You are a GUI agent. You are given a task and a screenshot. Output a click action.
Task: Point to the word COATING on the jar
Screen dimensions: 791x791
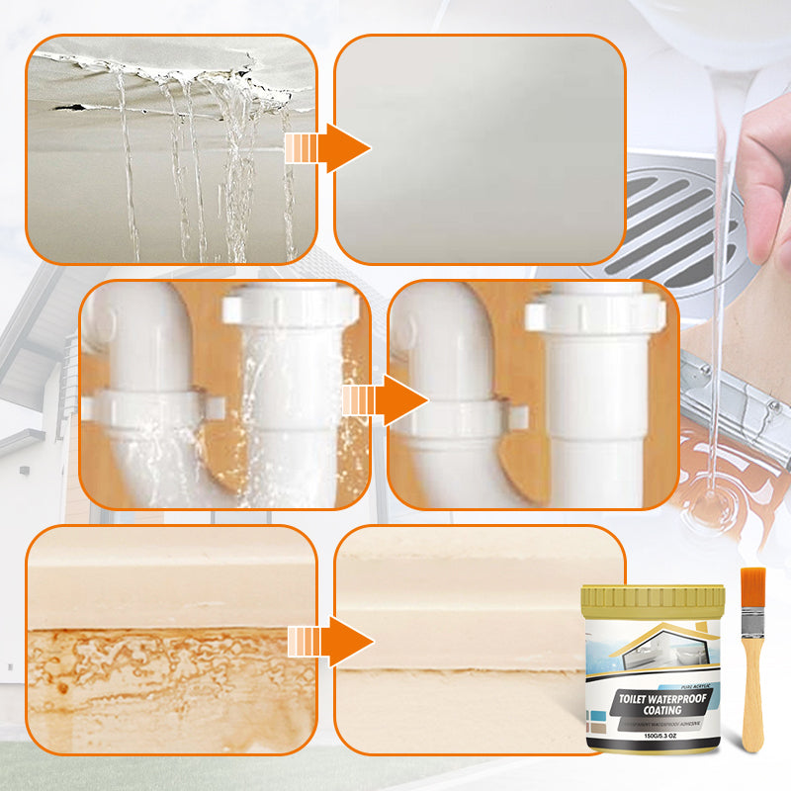point(653,710)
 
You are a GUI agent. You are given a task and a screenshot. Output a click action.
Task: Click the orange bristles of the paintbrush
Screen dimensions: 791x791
point(752,589)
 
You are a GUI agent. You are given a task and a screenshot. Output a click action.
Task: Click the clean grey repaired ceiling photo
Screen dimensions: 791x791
point(480,148)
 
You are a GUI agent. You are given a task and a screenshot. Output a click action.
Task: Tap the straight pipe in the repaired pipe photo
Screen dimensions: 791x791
point(593,395)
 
